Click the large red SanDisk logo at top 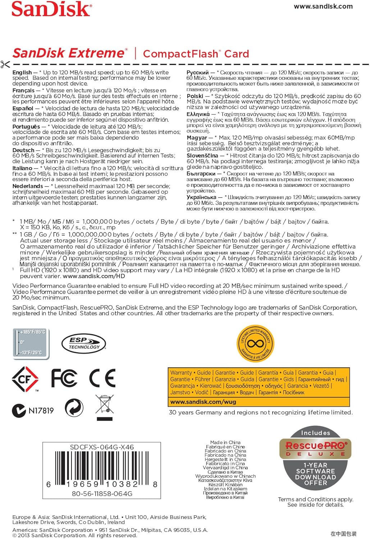pos(51,9)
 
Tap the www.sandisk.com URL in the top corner pos(323,6)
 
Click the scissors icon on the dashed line pos(5,65)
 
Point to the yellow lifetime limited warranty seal pos(255,343)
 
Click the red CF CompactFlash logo pos(25,379)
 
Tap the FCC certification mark pos(64,378)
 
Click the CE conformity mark pos(102,378)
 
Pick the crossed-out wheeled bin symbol pos(105,409)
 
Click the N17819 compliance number pos(41,411)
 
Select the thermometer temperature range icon pos(31,343)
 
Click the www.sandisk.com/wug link pos(203,402)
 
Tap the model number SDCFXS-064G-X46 pos(102,447)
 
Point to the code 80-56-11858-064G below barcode pos(102,494)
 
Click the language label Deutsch pos(23,150)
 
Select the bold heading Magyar pos(197,138)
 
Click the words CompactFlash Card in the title pos(196,54)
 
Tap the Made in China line pos(225,442)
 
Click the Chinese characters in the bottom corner pos(343,534)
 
